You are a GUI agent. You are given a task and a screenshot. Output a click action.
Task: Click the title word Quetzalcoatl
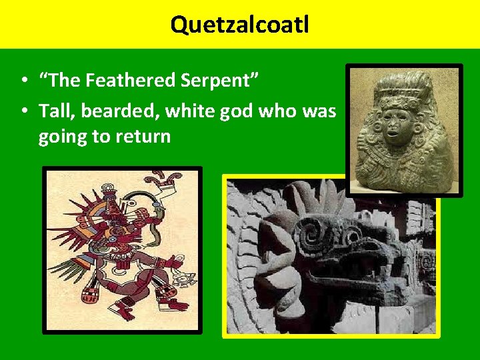(x=239, y=25)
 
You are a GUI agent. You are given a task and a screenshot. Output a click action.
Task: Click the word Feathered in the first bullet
(x=141, y=81)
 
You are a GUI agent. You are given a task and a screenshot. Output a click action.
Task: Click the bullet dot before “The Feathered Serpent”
(x=23, y=81)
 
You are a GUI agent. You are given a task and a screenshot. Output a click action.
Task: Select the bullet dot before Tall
(x=23, y=111)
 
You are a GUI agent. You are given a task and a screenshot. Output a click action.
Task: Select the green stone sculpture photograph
(x=404, y=130)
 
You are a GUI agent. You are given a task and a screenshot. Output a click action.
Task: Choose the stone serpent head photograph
(x=330, y=257)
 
